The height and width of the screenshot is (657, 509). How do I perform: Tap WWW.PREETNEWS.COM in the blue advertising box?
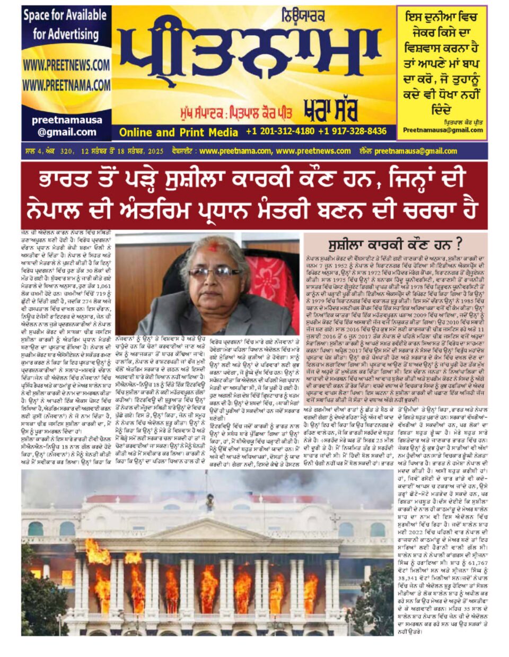pos(66,65)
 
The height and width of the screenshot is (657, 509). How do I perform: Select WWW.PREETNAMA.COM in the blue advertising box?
pos(66,85)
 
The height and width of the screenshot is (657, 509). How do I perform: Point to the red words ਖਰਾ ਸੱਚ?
pos(330,110)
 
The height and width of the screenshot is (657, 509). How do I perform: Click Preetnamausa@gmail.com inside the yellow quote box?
pos(443,130)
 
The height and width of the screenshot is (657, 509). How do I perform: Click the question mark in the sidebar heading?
pos(459,244)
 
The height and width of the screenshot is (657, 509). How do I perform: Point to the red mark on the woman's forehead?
pos(213,248)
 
